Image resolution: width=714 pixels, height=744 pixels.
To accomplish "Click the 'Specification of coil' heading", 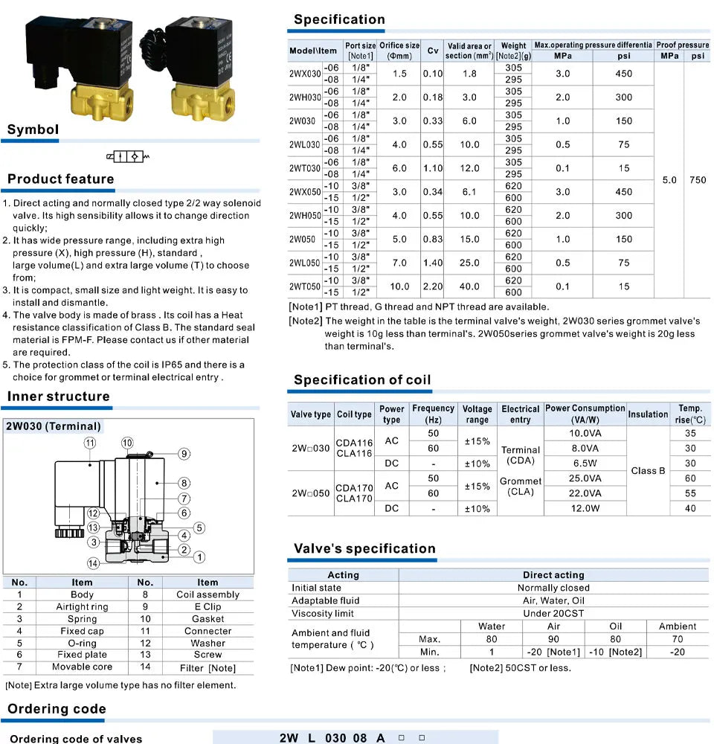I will coord(362,379).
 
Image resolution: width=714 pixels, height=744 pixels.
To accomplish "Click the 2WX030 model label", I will coord(305,74).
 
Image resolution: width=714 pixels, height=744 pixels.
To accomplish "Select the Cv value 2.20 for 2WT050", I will coord(433,286).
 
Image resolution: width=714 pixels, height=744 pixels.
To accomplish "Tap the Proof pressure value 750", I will coord(698,180).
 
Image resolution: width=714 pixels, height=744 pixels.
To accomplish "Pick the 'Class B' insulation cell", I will coord(648,471).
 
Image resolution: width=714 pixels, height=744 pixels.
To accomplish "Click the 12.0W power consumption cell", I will coord(585,509).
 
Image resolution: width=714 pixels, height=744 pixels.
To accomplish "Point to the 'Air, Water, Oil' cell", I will coord(553,600).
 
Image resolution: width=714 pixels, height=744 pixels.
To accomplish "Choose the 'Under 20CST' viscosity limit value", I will coord(553,614).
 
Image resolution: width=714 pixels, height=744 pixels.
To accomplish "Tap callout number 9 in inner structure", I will coord(184,454).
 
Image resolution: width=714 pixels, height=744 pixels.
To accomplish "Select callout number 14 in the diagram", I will coord(93,563).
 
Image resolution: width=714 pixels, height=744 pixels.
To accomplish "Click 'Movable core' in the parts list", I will coord(82,667).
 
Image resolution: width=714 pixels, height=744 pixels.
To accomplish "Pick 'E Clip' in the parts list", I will coord(208,607).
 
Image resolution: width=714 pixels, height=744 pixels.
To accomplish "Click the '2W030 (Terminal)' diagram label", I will coord(53,426).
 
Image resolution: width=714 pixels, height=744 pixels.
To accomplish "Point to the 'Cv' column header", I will coord(433,51).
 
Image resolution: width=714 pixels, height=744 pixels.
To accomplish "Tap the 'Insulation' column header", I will coord(648,414).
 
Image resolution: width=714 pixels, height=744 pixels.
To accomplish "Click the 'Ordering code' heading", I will coord(57,709).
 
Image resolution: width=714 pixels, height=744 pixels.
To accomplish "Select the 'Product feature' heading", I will coord(61,179).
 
